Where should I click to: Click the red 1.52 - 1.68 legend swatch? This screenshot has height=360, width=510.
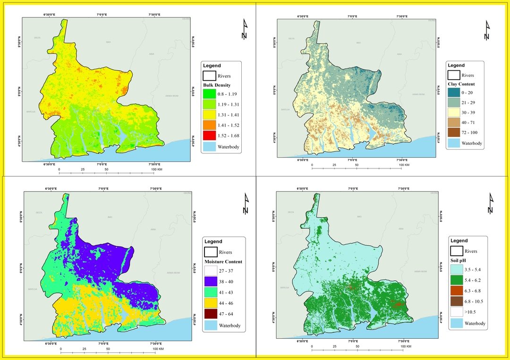point(210,136)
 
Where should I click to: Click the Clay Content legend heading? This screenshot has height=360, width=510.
point(461,84)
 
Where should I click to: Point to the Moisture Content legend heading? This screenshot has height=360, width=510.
point(223,261)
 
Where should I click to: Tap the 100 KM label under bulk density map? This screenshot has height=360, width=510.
point(157,168)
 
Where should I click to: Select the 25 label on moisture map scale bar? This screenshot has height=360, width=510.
point(84,349)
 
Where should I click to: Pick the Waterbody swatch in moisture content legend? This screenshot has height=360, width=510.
point(210,326)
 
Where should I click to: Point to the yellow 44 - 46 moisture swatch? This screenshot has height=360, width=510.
point(210,303)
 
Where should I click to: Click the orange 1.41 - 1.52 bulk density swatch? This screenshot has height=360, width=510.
point(210,126)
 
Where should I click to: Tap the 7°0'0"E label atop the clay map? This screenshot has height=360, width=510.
point(352,16)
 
